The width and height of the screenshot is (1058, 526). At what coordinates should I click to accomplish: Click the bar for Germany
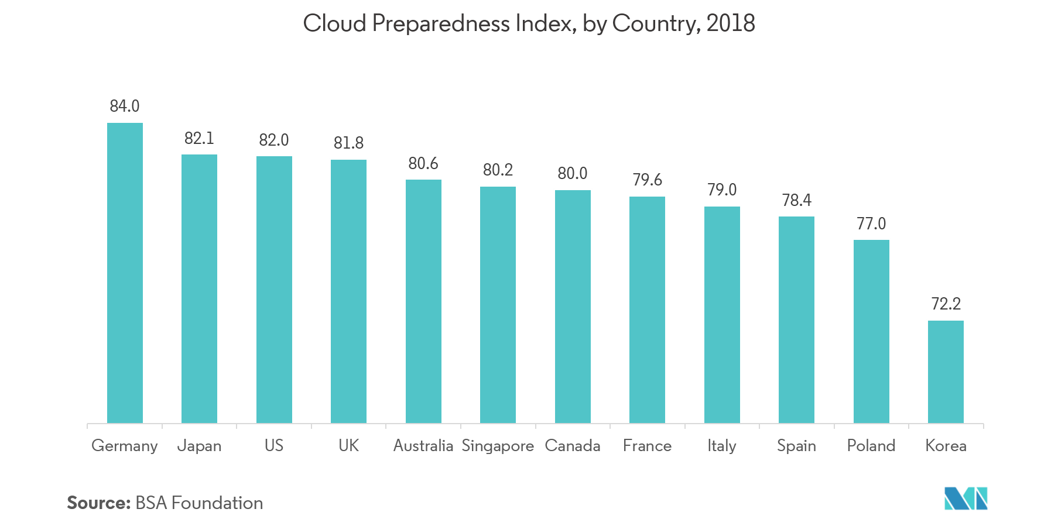(125, 272)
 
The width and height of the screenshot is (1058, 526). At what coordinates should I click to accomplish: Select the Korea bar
(946, 371)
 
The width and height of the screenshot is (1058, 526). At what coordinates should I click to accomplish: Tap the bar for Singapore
(498, 304)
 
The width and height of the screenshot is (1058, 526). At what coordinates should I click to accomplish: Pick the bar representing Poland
(871, 331)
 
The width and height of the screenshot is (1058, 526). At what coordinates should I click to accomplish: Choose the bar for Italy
(722, 314)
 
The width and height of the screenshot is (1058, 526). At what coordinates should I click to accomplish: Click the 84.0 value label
(125, 106)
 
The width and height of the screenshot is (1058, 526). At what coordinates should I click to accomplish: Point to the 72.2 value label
(946, 304)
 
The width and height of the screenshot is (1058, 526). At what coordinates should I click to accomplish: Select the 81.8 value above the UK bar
(348, 143)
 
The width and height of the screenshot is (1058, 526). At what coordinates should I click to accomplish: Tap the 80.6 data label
(423, 163)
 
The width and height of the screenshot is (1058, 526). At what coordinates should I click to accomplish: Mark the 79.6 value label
(647, 180)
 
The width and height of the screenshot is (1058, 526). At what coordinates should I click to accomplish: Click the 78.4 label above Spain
(796, 200)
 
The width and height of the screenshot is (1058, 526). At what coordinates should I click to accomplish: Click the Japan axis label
(199, 446)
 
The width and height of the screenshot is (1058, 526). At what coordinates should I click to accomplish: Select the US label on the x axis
(273, 445)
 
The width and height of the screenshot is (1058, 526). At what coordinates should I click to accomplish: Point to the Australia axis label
(423, 445)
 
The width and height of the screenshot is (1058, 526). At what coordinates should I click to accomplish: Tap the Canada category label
(572, 445)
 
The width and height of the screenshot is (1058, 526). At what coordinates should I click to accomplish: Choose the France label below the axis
(647, 445)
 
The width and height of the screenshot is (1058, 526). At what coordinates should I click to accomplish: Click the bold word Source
(98, 503)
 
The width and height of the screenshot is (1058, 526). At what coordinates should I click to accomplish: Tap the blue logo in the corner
(965, 498)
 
